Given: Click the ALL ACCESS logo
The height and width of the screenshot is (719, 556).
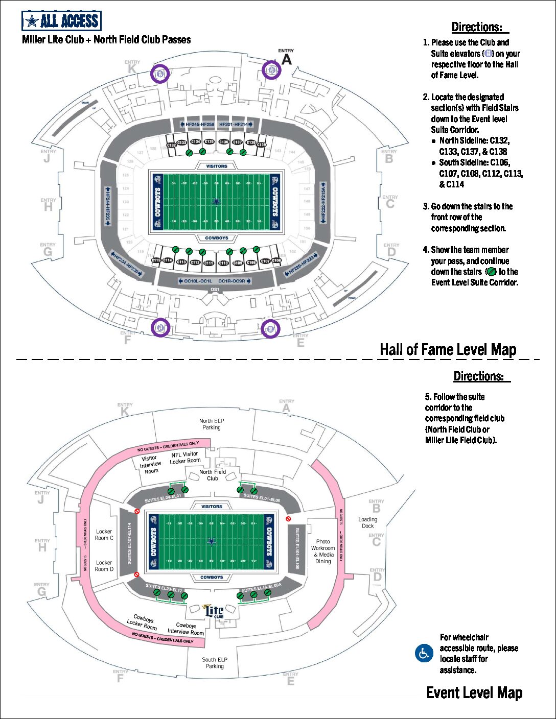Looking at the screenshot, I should [61, 21].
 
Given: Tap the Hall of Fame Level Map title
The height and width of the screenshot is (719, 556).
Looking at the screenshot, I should [448, 350].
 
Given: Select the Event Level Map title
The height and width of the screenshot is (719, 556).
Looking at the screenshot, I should [474, 692].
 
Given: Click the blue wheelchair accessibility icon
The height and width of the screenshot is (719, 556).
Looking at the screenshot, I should [424, 653].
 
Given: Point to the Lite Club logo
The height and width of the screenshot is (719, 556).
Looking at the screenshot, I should [213, 611].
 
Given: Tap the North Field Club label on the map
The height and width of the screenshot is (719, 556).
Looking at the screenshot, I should [213, 475].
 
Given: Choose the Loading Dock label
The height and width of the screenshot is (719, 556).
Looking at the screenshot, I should [367, 522].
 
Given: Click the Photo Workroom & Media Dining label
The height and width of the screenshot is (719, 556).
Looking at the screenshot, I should [323, 551].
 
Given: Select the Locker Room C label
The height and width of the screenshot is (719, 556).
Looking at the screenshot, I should [104, 535].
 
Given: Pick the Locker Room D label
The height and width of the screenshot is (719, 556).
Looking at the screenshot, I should [104, 566].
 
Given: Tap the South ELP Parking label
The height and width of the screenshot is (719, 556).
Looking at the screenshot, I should [215, 663].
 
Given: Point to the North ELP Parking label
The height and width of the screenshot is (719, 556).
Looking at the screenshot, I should [212, 424].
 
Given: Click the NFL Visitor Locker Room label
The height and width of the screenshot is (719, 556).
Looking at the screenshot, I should [185, 458].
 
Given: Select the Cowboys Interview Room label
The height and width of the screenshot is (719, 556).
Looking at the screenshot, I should [186, 629].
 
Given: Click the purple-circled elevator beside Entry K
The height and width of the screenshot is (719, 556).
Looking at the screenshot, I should [160, 74].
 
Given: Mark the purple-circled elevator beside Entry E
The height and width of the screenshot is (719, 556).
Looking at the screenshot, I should [270, 328].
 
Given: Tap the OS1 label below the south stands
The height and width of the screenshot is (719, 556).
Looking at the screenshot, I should [215, 290].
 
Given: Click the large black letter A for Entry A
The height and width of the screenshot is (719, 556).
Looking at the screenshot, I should [287, 60].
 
